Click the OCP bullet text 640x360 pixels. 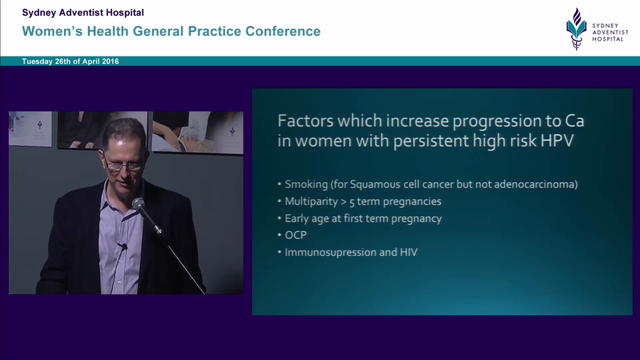click(295, 235)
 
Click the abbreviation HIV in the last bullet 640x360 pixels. click(408, 252)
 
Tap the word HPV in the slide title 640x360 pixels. click(557, 140)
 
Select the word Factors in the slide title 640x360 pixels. click(305, 121)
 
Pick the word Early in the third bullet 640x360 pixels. click(296, 218)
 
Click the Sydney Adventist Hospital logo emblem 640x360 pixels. click(576, 28)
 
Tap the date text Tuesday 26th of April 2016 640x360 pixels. click(70, 61)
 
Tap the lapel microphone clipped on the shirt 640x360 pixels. click(122, 246)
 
